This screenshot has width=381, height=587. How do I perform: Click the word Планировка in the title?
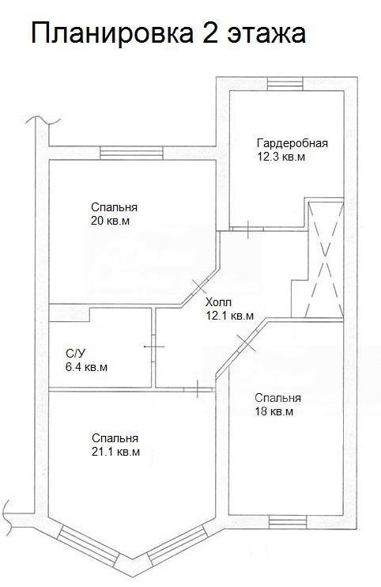pos(112,34)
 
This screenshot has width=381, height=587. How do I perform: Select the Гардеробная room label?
pos(292,144)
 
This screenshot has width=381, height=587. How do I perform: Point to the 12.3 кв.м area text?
pos(281,157)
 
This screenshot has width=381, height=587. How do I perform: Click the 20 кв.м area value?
pos(111,221)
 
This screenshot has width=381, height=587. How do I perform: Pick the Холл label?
pos(219,302)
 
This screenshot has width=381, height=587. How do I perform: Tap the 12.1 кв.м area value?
pos(230,316)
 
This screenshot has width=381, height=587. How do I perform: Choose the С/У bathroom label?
pos(76,354)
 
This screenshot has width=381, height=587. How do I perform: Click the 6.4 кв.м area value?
pos(86,367)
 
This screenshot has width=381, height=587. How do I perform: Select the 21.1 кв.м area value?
pos(116,453)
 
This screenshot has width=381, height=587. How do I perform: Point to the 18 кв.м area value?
pos(274,412)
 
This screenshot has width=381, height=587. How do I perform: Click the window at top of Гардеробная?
pos(285,84)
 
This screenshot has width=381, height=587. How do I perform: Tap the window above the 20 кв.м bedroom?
pos(132,153)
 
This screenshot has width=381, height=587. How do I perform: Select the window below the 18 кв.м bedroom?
pos(288,522)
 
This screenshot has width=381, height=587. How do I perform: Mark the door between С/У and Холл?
pos(153,347)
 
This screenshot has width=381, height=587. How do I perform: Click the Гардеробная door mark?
pos(248,229)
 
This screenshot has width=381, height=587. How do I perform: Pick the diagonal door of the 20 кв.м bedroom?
pos(200,286)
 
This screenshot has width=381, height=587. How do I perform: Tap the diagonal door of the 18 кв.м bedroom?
pos(247,343)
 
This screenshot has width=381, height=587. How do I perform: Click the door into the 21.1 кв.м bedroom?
pos(198,390)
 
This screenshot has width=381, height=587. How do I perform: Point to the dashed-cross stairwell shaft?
pos(325,259)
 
